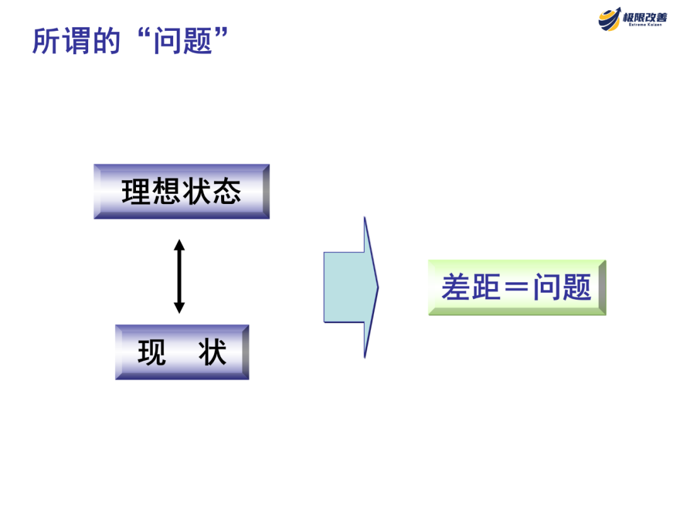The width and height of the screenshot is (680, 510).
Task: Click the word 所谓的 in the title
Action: point(76,40)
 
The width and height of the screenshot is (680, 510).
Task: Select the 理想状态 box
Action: point(181,191)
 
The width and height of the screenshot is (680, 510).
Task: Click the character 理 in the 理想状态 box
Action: point(137,192)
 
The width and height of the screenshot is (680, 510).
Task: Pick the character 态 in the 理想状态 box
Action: point(227,192)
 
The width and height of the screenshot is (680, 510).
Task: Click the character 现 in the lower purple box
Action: point(152,353)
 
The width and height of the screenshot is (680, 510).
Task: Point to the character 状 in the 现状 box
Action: point(212,353)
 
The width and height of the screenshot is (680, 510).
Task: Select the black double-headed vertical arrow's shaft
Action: point(179,276)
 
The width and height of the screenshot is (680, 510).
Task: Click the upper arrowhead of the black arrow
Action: point(179,244)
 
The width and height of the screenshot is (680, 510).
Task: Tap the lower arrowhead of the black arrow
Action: point(179,308)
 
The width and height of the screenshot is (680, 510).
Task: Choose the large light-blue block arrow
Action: point(351,287)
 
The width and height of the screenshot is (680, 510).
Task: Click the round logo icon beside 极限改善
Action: point(609,19)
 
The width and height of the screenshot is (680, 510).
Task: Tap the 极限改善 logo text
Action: point(645,17)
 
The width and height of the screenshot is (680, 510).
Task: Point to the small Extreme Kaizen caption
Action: point(645,27)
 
